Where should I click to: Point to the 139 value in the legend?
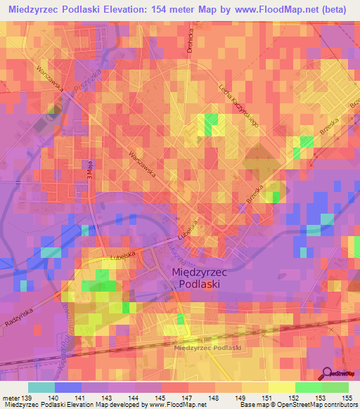(x=26, y=397)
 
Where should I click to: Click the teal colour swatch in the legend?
(x=41, y=387)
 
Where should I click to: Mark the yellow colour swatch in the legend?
(x=281, y=387)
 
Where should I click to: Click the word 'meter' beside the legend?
(x=10, y=397)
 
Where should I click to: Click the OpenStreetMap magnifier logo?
(x=328, y=374)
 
